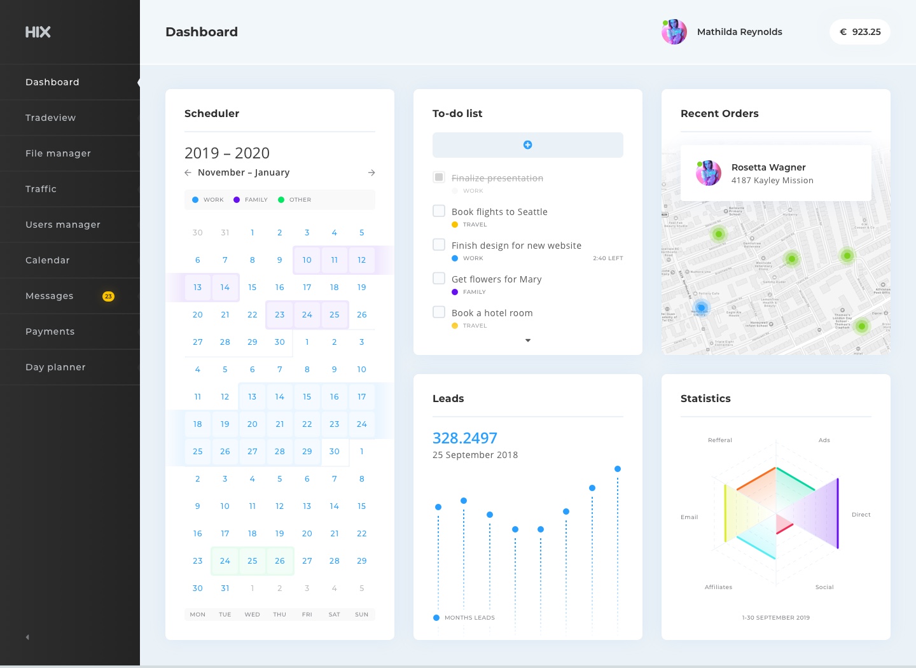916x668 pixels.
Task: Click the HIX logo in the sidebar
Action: coord(38,32)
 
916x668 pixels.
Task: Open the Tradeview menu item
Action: coord(50,118)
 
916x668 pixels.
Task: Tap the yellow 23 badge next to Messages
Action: coord(109,296)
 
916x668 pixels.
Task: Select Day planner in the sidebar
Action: coord(55,367)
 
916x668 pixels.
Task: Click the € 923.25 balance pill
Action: coord(860,32)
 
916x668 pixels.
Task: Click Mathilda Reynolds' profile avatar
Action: coord(674,32)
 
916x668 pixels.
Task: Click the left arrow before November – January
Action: coord(188,172)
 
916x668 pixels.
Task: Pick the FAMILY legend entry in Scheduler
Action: coord(251,200)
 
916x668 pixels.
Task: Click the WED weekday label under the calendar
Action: coord(253,615)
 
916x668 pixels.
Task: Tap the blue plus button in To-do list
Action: coord(527,145)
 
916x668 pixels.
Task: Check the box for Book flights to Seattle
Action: coord(439,211)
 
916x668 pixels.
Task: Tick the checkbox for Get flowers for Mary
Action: coord(439,278)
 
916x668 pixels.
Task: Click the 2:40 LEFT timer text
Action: coord(607,258)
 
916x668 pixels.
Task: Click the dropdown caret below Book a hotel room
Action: coord(528,340)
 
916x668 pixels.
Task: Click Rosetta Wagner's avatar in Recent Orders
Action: coord(709,173)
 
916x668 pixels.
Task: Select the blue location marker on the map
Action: coord(701,308)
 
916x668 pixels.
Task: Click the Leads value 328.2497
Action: coord(465,438)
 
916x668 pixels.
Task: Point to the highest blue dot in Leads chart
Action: coord(618,469)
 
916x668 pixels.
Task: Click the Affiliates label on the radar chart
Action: coord(718,587)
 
